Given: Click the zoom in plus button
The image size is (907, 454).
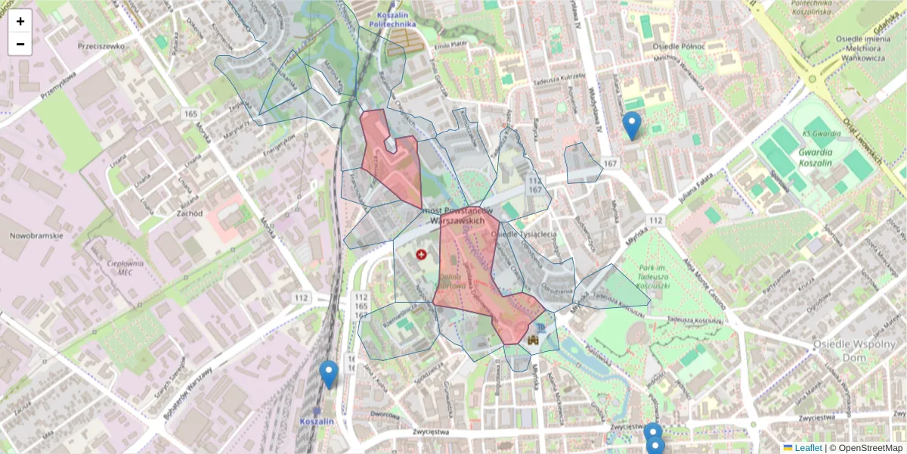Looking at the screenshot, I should click(x=20, y=21).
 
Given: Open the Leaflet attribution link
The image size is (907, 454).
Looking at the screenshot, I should click(x=808, y=448).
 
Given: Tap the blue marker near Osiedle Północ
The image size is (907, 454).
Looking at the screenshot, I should click(x=631, y=126).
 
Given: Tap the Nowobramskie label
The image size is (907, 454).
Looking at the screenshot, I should click(x=37, y=235).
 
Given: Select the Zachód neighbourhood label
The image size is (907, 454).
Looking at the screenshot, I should click(x=189, y=213).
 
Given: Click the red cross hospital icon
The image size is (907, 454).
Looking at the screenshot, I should click(x=421, y=256).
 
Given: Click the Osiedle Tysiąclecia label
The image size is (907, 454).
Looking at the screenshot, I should click(x=524, y=234).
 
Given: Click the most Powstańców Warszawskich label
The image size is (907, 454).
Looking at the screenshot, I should click(x=457, y=214).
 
